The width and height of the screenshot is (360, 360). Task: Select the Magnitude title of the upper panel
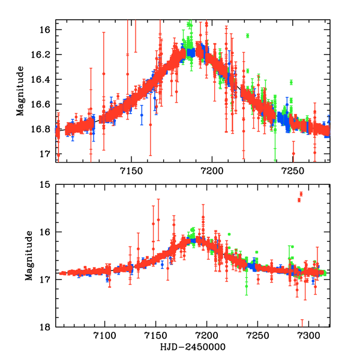pyautogui.click(x=21, y=92)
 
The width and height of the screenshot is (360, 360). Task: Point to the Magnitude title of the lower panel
pyautogui.click(x=28, y=256)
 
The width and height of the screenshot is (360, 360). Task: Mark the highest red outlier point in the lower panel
pyautogui.click(x=301, y=194)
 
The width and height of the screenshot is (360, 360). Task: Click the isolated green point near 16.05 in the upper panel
pyautogui.click(x=247, y=36)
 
